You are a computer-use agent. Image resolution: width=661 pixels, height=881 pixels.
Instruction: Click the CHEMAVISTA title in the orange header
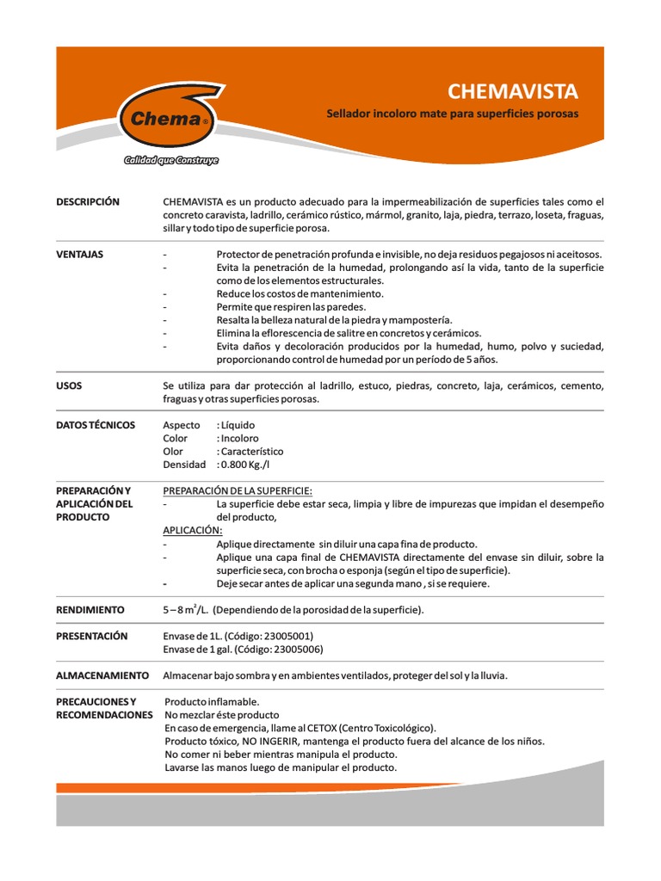pyautogui.click(x=514, y=91)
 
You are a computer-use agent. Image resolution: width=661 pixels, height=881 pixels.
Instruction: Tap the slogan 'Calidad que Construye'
pyautogui.click(x=170, y=161)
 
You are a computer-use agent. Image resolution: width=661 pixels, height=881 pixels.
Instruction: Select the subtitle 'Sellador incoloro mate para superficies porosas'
pyautogui.click(x=453, y=114)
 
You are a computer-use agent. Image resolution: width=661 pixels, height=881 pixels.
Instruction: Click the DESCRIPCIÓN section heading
pyautogui.click(x=88, y=201)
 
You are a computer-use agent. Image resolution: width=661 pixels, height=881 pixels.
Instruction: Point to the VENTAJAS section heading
pyautogui.click(x=80, y=255)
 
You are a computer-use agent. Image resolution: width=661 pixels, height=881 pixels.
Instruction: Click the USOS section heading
pyautogui.click(x=69, y=385)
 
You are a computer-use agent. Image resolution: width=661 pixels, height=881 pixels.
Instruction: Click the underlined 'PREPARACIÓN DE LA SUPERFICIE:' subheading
pyautogui.click(x=238, y=490)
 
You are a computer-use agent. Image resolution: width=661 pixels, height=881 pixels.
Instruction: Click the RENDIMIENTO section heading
pyautogui.click(x=90, y=609)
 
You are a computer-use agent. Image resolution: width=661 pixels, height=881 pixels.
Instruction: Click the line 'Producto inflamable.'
pyautogui.click(x=211, y=701)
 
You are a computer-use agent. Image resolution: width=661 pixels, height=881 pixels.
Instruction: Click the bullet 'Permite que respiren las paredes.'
pyautogui.click(x=291, y=306)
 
